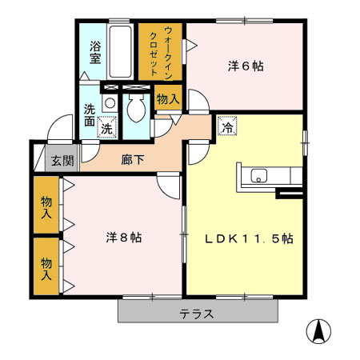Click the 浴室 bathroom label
[x=94, y=51]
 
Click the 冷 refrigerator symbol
[x=227, y=126]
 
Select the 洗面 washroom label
[x=88, y=117]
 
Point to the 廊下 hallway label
[x=133, y=159]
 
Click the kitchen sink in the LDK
[x=260, y=175]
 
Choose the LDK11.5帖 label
[x=248, y=238]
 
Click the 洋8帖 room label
[x=124, y=238]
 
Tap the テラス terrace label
[x=196, y=313]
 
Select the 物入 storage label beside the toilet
[x=167, y=99]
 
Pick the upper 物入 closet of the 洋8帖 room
[x=46, y=206]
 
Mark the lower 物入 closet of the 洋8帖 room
[x=46, y=267]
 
